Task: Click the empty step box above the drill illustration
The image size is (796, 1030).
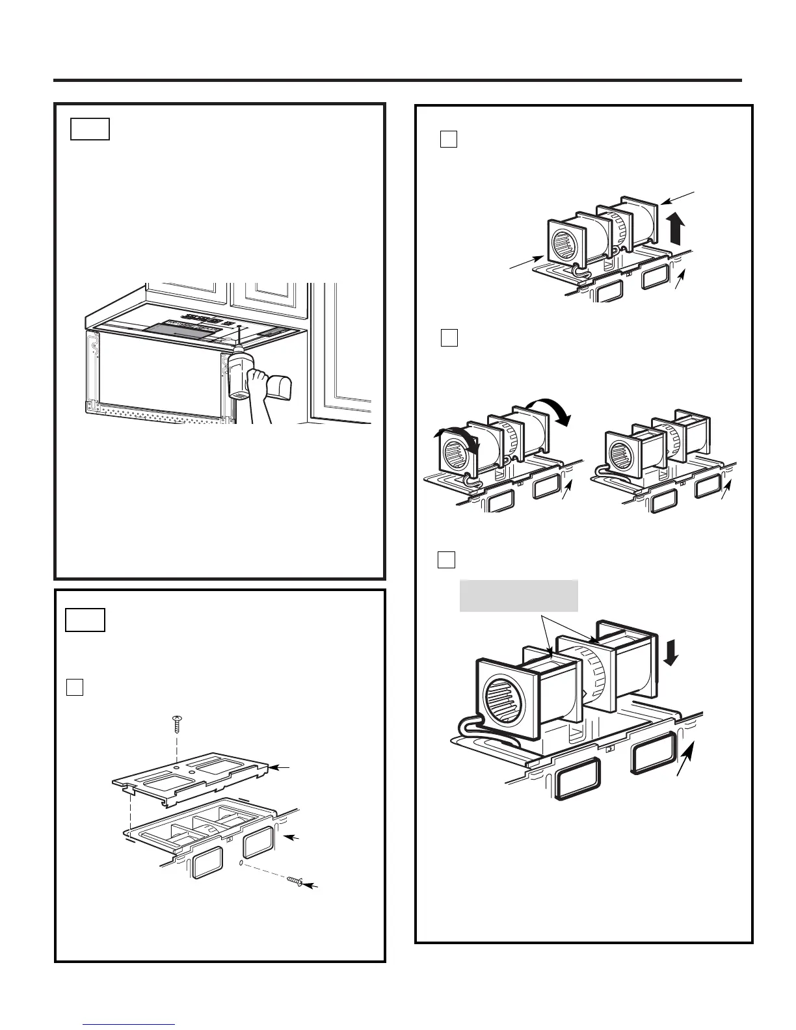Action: [90, 129]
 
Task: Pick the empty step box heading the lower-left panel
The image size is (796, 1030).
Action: [85, 620]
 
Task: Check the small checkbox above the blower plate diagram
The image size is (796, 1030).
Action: [75, 687]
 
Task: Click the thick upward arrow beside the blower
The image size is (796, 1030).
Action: [677, 228]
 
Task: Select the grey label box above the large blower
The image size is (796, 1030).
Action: [518, 596]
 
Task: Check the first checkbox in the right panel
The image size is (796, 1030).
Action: [449, 139]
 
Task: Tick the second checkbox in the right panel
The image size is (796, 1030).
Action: [449, 337]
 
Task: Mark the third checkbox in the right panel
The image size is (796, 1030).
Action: [446, 559]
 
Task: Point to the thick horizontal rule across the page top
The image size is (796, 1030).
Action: [397, 81]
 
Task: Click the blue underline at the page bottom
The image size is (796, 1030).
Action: [129, 1024]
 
